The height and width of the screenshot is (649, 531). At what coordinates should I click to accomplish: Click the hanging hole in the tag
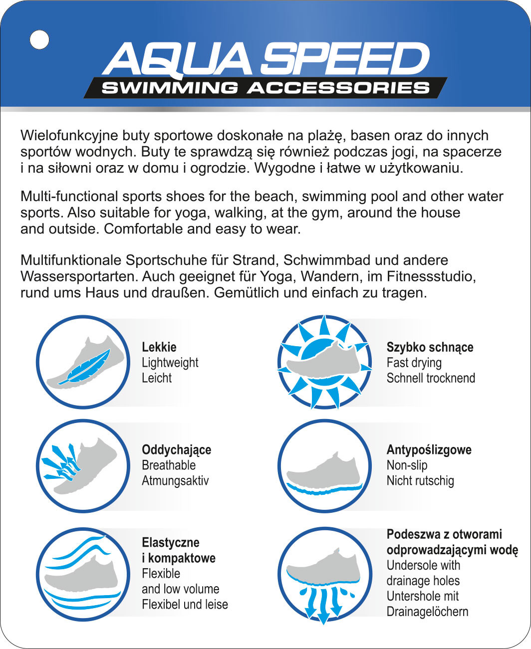39,40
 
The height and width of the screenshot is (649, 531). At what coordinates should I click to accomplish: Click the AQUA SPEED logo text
265,58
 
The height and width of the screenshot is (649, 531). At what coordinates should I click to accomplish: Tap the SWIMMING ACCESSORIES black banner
265,88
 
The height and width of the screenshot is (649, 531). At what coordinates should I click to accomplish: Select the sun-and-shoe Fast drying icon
324,362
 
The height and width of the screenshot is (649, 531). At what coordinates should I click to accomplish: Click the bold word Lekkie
159,347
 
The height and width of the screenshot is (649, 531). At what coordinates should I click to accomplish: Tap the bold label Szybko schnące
430,347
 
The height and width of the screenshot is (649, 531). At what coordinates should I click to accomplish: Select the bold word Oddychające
176,450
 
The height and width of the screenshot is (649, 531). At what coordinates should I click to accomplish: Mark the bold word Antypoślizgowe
429,450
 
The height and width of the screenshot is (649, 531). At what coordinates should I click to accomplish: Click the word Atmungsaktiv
175,481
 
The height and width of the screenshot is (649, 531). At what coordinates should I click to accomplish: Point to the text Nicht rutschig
420,481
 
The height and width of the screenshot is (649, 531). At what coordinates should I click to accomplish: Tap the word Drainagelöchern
427,612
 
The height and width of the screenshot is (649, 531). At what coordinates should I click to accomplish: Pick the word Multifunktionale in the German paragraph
71,260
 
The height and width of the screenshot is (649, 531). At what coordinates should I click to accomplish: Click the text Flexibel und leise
185,605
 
